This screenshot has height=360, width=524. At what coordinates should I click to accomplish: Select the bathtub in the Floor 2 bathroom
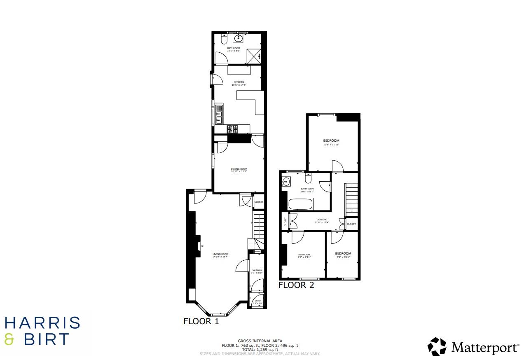click(x=300, y=204)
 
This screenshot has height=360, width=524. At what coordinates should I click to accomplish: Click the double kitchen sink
click(x=219, y=115)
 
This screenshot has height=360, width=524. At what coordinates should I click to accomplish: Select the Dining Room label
click(x=239, y=168)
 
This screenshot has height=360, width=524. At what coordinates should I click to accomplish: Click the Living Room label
click(x=220, y=254)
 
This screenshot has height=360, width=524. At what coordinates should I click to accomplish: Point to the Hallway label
click(x=257, y=270)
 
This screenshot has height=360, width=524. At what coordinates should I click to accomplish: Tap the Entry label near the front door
click(x=258, y=301)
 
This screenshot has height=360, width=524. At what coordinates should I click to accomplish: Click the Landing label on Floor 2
click(x=322, y=220)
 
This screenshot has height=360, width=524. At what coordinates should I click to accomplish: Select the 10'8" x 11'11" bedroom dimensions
click(x=331, y=145)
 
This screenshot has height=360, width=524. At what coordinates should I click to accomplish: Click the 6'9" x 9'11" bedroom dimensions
click(x=343, y=257)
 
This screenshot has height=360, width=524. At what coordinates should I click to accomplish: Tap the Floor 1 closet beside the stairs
click(x=259, y=202)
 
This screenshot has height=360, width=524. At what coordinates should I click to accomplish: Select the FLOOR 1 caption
click(x=201, y=321)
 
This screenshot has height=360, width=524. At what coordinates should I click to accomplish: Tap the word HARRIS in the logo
click(x=42, y=323)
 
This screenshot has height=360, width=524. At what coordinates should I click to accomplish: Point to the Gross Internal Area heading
click(x=260, y=341)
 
